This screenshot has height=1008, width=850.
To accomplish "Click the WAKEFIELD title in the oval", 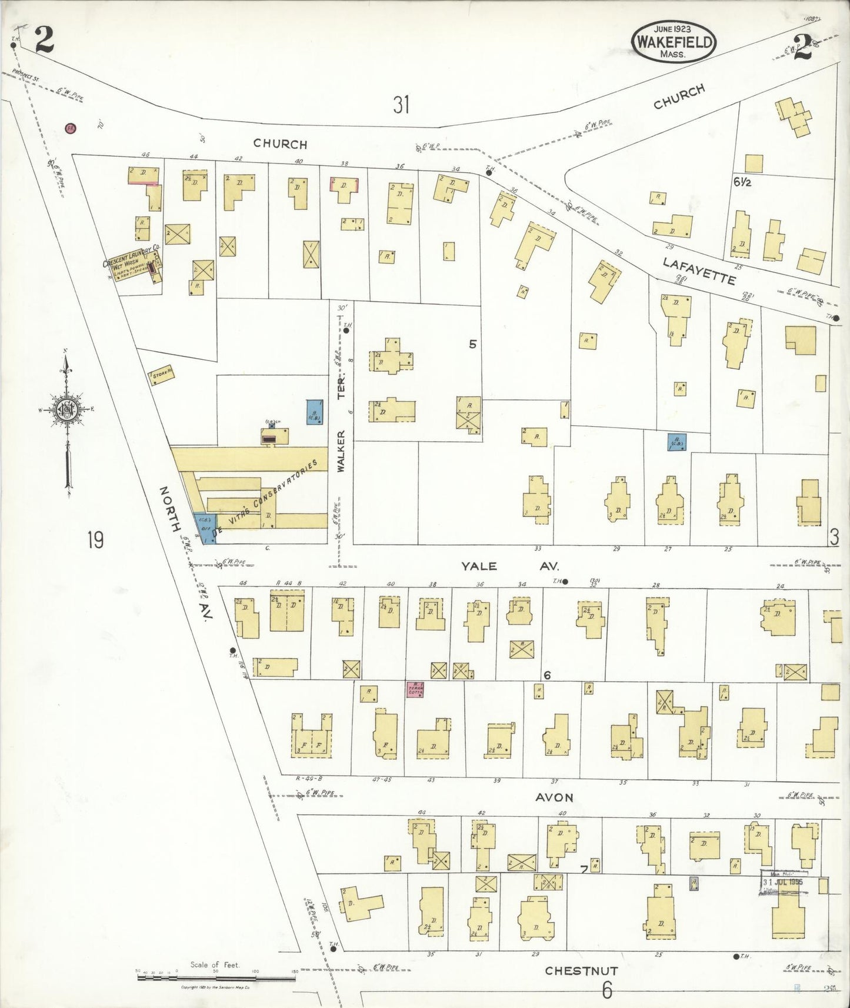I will (x=674, y=42).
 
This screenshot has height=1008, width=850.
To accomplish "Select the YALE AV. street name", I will (x=509, y=566).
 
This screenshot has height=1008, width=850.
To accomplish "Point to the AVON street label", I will (x=554, y=797).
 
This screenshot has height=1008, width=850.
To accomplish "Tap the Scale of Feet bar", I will (x=216, y=978).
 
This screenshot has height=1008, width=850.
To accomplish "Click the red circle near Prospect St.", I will (x=71, y=128).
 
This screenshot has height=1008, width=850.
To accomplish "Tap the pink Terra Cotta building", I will (x=414, y=689).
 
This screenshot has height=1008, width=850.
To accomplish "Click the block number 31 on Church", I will (x=401, y=105).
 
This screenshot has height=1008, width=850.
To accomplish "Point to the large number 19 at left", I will (x=95, y=539).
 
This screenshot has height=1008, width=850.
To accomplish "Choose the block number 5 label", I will (x=472, y=345).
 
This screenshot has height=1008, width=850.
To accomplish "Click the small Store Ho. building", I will (x=162, y=375).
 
